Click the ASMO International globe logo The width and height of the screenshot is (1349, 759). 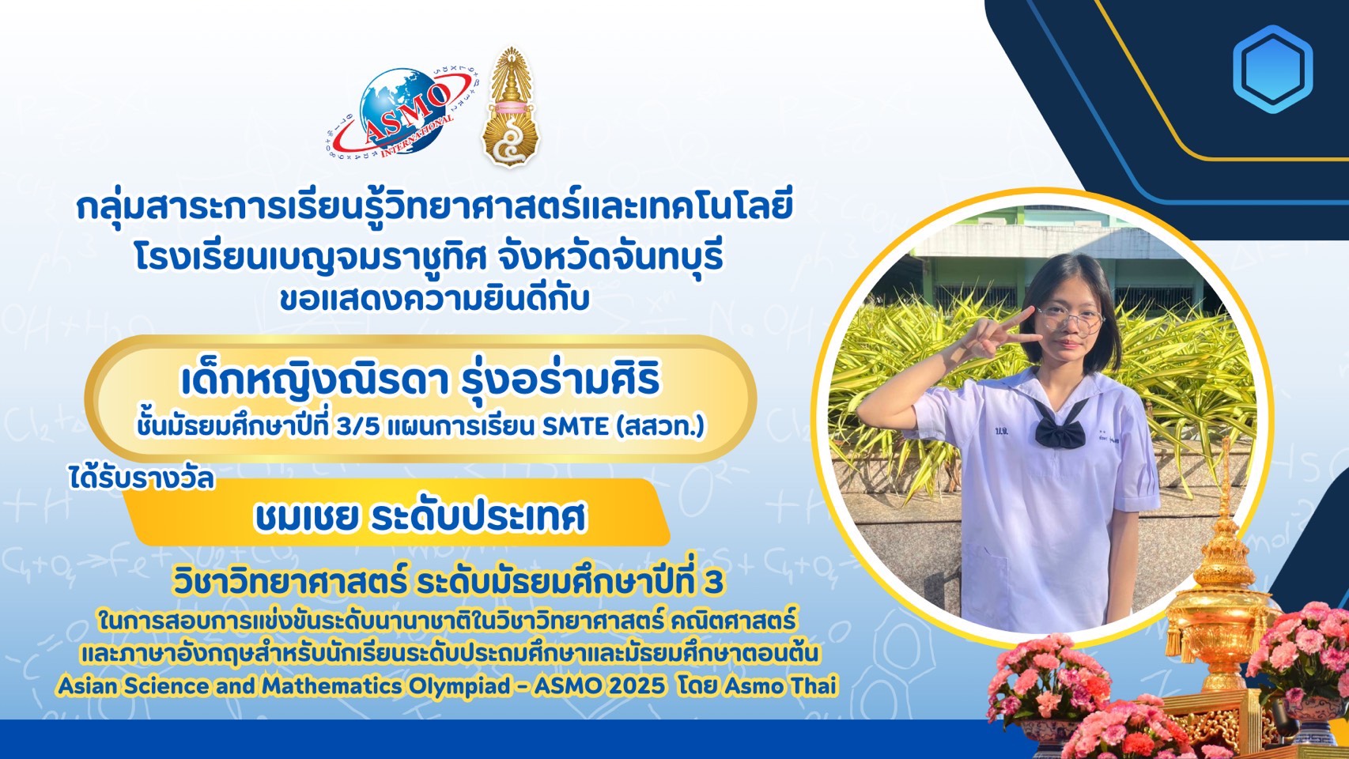tap(402, 111)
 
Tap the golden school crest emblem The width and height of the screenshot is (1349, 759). tap(511, 107)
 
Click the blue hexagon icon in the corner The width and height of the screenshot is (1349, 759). tap(1272, 69)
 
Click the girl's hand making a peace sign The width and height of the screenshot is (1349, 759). tap(994, 338)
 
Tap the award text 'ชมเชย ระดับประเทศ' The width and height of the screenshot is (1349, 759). tap(421, 517)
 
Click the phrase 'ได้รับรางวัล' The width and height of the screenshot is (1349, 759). tap(141, 479)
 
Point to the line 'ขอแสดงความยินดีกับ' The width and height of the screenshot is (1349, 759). tap(434, 300)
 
